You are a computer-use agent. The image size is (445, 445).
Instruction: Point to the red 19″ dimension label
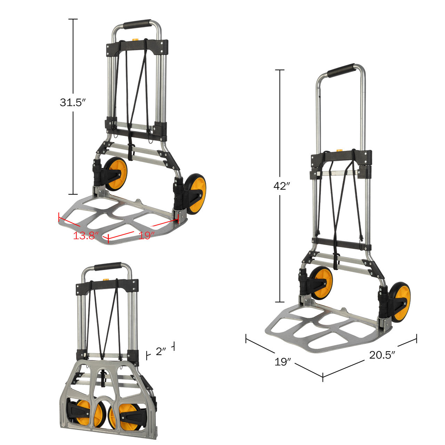pos(146,235)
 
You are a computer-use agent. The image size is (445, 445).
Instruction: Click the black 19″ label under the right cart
pos(283,362)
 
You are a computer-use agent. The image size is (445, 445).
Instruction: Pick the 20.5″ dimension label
pos(382,355)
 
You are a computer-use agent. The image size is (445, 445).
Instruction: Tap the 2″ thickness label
pos(160,352)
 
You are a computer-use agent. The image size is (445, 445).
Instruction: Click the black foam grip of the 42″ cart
pos(341,70)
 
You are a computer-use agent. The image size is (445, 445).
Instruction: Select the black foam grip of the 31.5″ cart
pos(137,25)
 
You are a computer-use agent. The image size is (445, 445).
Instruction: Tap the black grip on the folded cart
pos(108,266)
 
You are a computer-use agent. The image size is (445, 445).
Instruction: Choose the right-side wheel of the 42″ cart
pos(401,302)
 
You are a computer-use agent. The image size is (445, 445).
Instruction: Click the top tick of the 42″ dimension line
pos(280,70)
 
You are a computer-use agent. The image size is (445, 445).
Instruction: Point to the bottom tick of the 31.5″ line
pos(73,194)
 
